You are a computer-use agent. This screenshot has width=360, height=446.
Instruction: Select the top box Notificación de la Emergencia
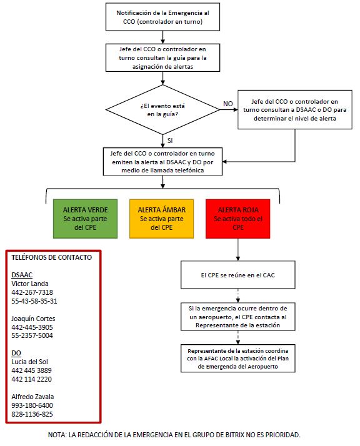(x=162, y=17)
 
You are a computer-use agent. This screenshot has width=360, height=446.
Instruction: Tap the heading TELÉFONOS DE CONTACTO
(x=52, y=257)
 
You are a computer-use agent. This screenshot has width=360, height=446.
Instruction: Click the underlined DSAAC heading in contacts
(x=22, y=274)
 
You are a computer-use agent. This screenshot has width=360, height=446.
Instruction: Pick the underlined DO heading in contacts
(x=17, y=353)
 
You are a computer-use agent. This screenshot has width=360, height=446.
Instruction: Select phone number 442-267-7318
(x=32, y=292)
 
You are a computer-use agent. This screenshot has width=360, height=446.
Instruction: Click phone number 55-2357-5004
(x=32, y=335)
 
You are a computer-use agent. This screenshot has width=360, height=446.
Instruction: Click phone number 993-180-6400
(x=32, y=405)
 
